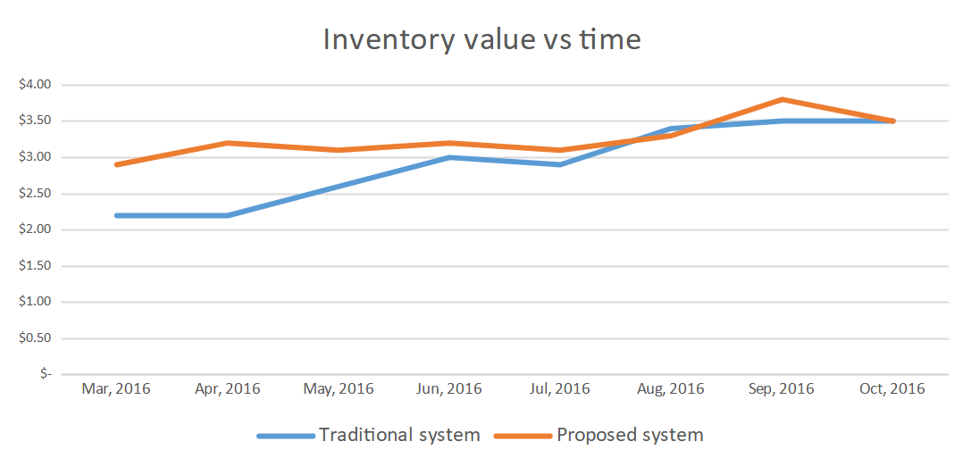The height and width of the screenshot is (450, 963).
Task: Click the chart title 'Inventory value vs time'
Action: coord(481,40)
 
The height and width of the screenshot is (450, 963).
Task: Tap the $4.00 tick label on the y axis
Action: coord(36,85)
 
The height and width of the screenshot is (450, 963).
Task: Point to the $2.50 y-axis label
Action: coord(36,194)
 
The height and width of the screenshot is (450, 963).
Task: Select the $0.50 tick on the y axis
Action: coord(36,338)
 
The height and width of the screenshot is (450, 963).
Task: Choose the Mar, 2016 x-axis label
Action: coord(116,388)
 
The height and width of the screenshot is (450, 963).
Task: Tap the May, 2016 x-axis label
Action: coord(339,388)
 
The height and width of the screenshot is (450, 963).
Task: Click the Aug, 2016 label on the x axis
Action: coord(671,388)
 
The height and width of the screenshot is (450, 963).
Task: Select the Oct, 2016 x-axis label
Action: coord(892,388)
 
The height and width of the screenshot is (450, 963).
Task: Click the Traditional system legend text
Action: coord(400,435)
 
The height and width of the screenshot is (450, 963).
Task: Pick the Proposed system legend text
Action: coord(630,435)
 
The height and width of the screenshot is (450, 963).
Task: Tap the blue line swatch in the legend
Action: coord(286,436)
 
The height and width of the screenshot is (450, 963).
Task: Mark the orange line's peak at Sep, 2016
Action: coord(782,99)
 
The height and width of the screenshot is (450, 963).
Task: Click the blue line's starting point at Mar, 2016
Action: coord(117,215)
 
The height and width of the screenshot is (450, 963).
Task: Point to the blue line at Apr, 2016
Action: coord(228,215)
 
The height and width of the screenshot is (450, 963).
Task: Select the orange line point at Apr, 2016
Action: coord(228,143)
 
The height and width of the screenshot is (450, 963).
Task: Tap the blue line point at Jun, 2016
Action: coord(449,157)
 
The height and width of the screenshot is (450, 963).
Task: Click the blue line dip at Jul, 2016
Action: coord(560,164)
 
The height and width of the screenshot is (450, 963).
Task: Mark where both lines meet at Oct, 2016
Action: coord(892,121)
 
